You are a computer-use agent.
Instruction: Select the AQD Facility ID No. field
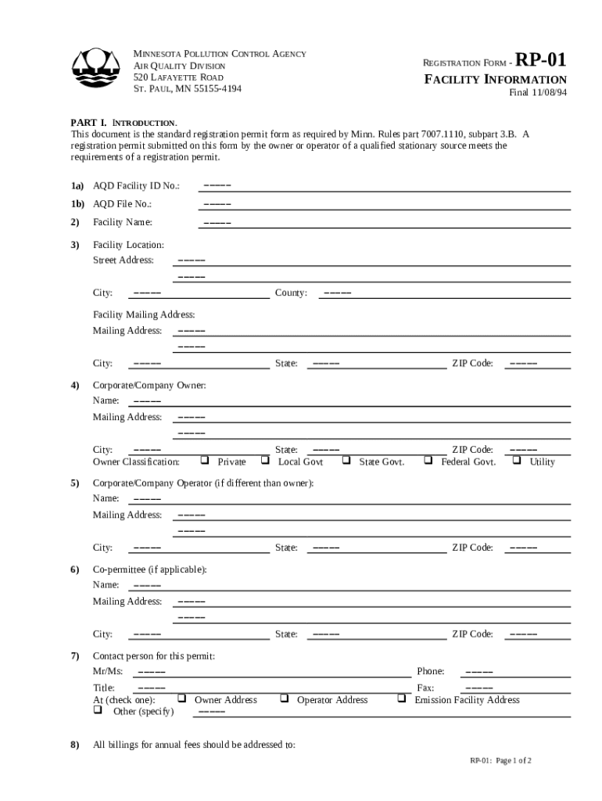click(383, 186)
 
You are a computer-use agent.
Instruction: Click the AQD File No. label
click(122, 203)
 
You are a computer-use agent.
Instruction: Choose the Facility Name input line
click(383, 222)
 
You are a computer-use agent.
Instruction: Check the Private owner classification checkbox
click(206, 461)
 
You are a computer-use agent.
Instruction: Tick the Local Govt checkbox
click(266, 461)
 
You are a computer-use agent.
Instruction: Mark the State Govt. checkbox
click(346, 461)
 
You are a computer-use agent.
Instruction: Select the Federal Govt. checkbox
click(428, 461)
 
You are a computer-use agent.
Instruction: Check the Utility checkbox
click(517, 461)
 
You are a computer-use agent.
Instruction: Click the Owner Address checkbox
click(182, 699)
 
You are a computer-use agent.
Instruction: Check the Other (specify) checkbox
click(99, 711)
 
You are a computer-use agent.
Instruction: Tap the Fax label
click(425, 688)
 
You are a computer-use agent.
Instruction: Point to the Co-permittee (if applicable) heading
click(149, 569)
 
